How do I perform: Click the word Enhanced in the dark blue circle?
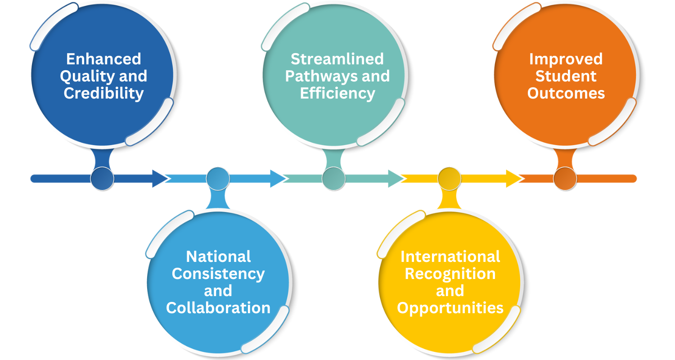tap(103, 59)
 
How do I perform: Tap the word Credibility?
tap(103, 93)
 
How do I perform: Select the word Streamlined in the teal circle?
tap(337, 59)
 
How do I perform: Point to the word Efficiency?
tap(337, 93)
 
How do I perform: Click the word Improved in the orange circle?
tap(566, 59)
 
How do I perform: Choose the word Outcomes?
tap(566, 93)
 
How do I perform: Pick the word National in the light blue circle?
tap(218, 256)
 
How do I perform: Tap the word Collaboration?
tap(218, 308)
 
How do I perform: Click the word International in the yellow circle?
tap(450, 256)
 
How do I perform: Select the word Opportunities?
tap(450, 308)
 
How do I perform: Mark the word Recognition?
tap(450, 274)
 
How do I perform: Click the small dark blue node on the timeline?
tap(102, 179)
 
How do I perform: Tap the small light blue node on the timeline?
tap(218, 179)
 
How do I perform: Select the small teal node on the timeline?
tap(333, 179)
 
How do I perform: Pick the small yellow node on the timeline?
tap(450, 179)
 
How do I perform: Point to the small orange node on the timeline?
tap(565, 179)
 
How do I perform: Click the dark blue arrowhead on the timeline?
tap(159, 179)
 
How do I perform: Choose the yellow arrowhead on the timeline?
tap(513, 179)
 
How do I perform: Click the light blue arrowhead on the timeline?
tap(277, 179)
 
